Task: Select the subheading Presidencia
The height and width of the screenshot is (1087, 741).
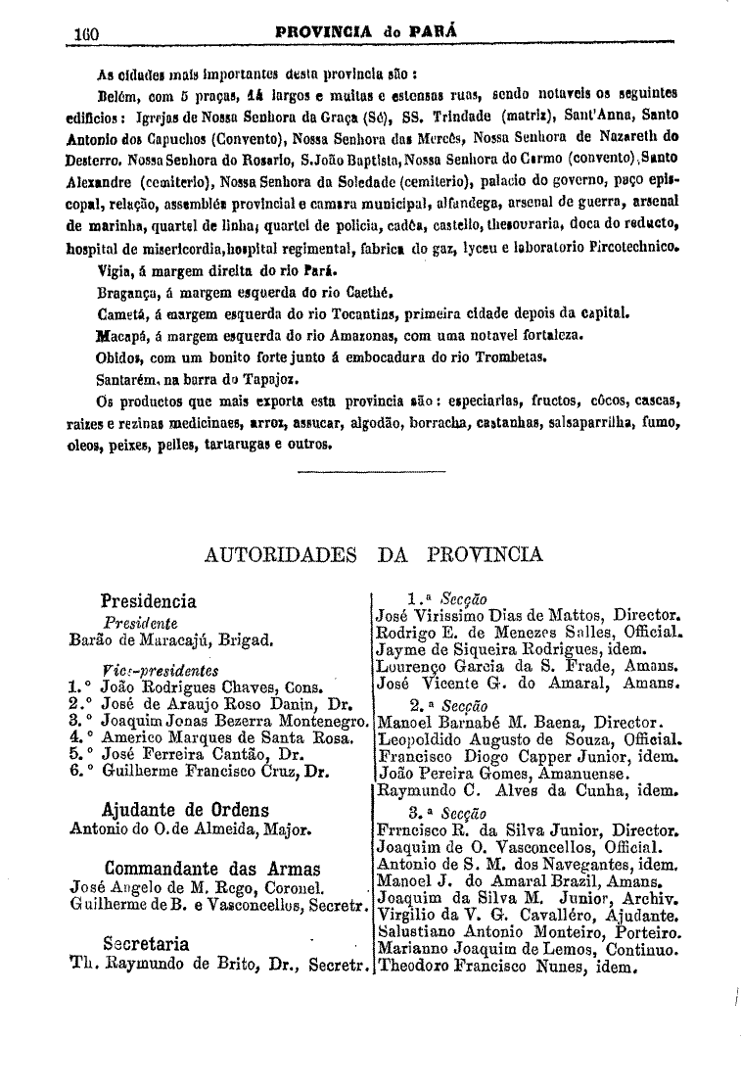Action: [x=149, y=601]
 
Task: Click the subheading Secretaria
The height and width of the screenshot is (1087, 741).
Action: [x=147, y=943]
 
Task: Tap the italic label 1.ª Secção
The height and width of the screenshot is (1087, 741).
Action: [x=446, y=598]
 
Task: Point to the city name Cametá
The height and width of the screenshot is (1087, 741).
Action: [x=123, y=314]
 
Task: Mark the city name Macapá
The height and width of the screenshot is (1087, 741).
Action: [x=123, y=335]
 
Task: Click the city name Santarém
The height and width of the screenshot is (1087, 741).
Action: [x=128, y=377]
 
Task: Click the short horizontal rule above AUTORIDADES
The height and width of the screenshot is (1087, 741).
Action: [x=371, y=473]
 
